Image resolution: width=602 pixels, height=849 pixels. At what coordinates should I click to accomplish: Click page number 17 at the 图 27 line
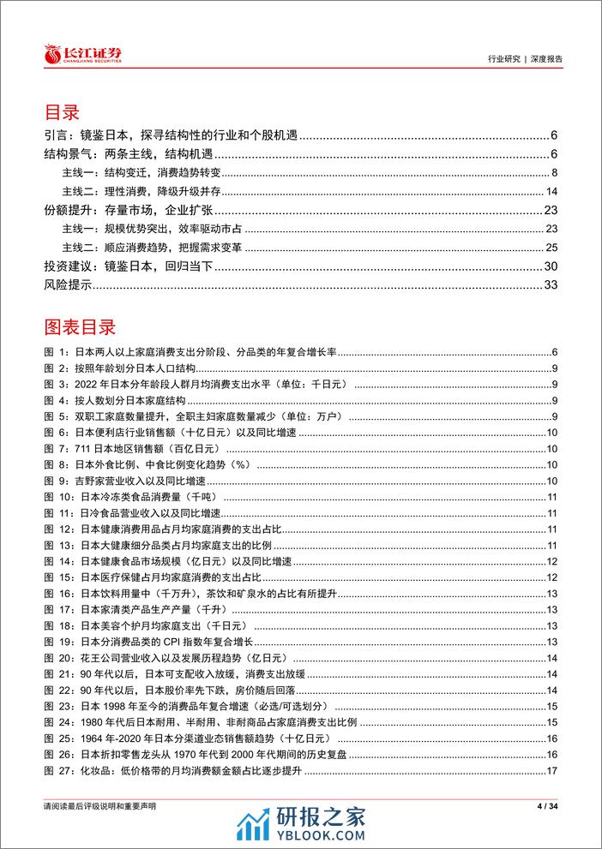click(x=553, y=768)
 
